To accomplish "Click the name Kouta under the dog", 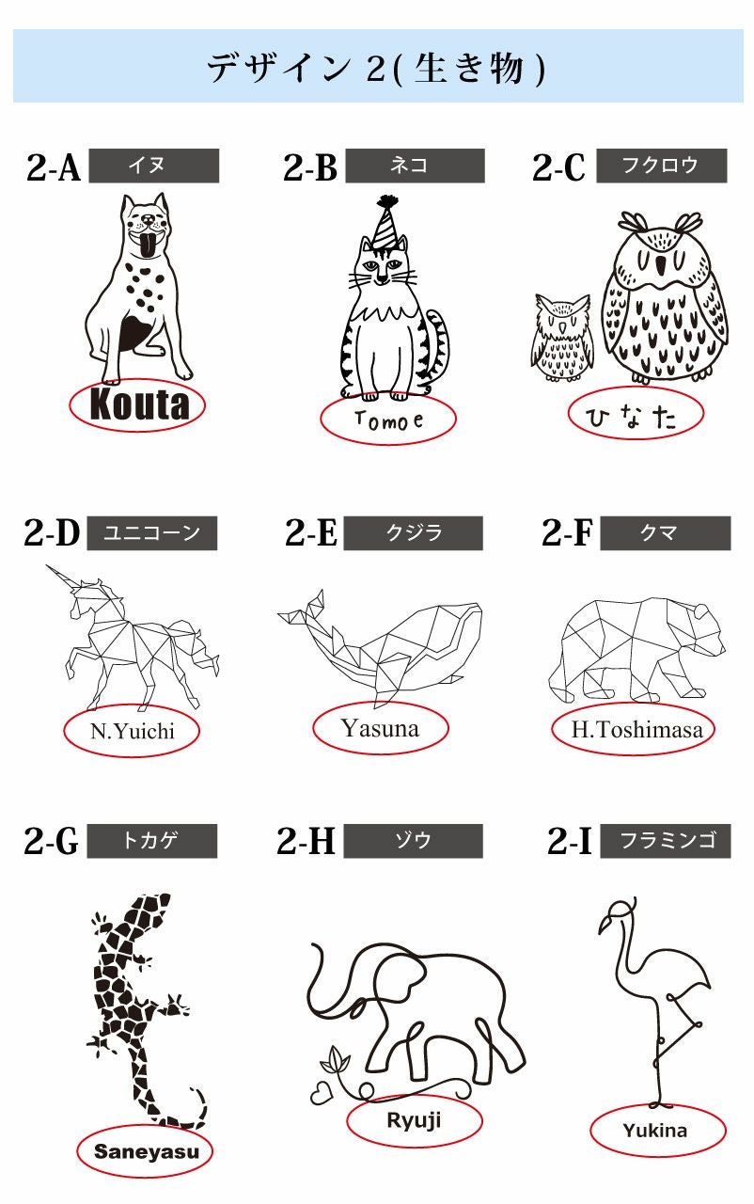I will pos(138,404).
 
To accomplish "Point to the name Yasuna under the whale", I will pos(380,727).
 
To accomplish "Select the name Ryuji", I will pos(414,1120).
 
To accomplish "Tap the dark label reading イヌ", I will pos(152,166).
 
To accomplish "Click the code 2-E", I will pos(310,533).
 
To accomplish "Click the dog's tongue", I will pos(149,247).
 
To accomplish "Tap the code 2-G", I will pos(51,841).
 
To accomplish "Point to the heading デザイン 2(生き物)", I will pos(376,68).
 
